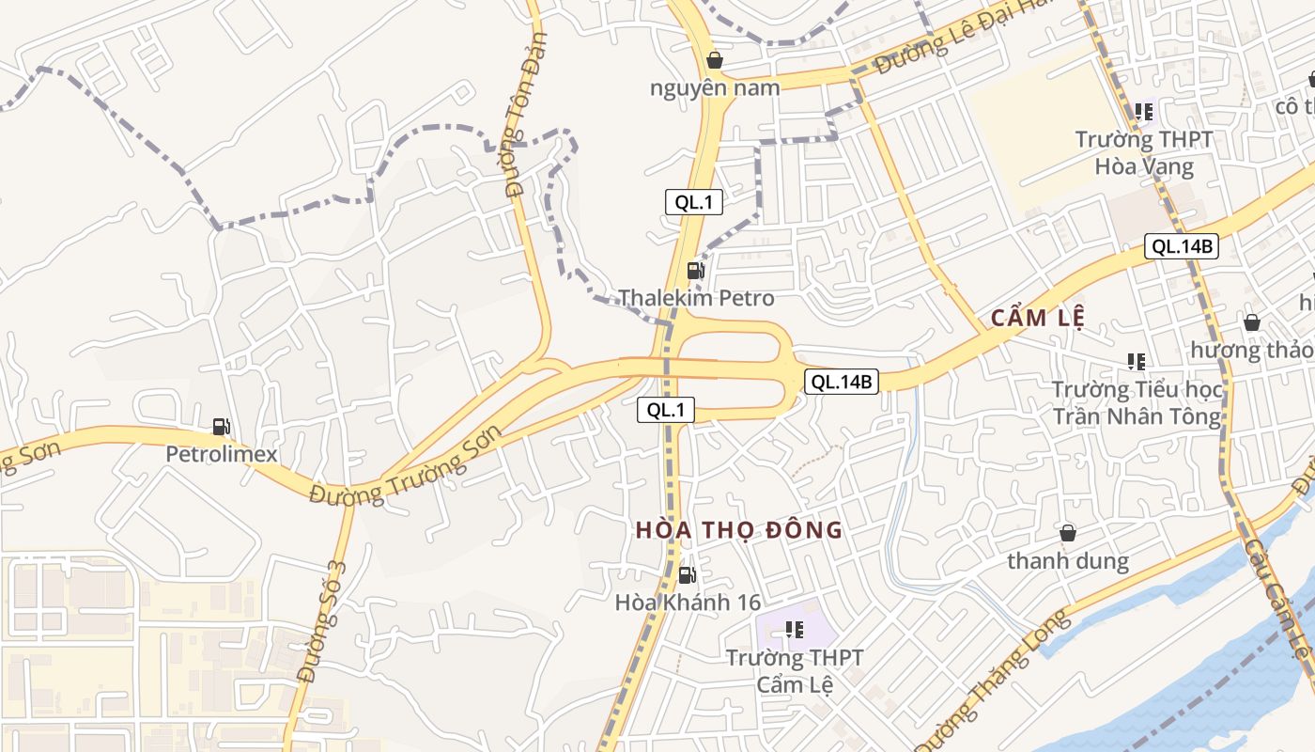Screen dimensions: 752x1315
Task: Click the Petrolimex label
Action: (x=222, y=454)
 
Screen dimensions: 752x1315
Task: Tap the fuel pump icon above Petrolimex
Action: (x=221, y=427)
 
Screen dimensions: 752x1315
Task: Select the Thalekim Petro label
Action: (x=696, y=298)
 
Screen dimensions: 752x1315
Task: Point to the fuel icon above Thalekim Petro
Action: (x=696, y=271)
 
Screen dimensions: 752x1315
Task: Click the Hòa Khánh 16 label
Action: (x=688, y=603)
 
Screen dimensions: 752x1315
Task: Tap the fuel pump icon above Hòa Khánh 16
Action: (x=688, y=575)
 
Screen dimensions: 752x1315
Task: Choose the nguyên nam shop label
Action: (x=715, y=88)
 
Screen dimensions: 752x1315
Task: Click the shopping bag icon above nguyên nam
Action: (x=715, y=61)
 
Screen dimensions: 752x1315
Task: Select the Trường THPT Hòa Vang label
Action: (x=1144, y=153)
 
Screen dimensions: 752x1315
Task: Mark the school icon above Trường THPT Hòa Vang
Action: (x=1143, y=112)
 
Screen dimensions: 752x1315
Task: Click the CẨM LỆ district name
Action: (x=1038, y=319)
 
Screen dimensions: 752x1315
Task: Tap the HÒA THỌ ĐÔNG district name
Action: (x=738, y=530)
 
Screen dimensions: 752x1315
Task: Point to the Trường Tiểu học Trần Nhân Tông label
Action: (x=1137, y=402)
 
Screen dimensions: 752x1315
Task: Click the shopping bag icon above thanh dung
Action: (x=1068, y=534)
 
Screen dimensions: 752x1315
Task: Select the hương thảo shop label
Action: (x=1251, y=350)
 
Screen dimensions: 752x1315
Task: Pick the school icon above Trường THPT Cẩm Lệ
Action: (x=795, y=630)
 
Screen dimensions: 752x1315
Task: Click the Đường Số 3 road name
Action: (x=322, y=621)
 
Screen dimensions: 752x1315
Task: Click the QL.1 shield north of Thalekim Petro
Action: (x=694, y=202)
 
